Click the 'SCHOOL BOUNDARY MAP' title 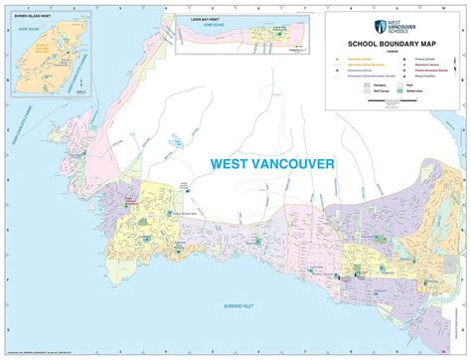pos(393,45)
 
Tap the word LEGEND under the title pos(393,52)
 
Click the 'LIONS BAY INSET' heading pos(200,19)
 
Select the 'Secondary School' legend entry pos(356,60)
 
